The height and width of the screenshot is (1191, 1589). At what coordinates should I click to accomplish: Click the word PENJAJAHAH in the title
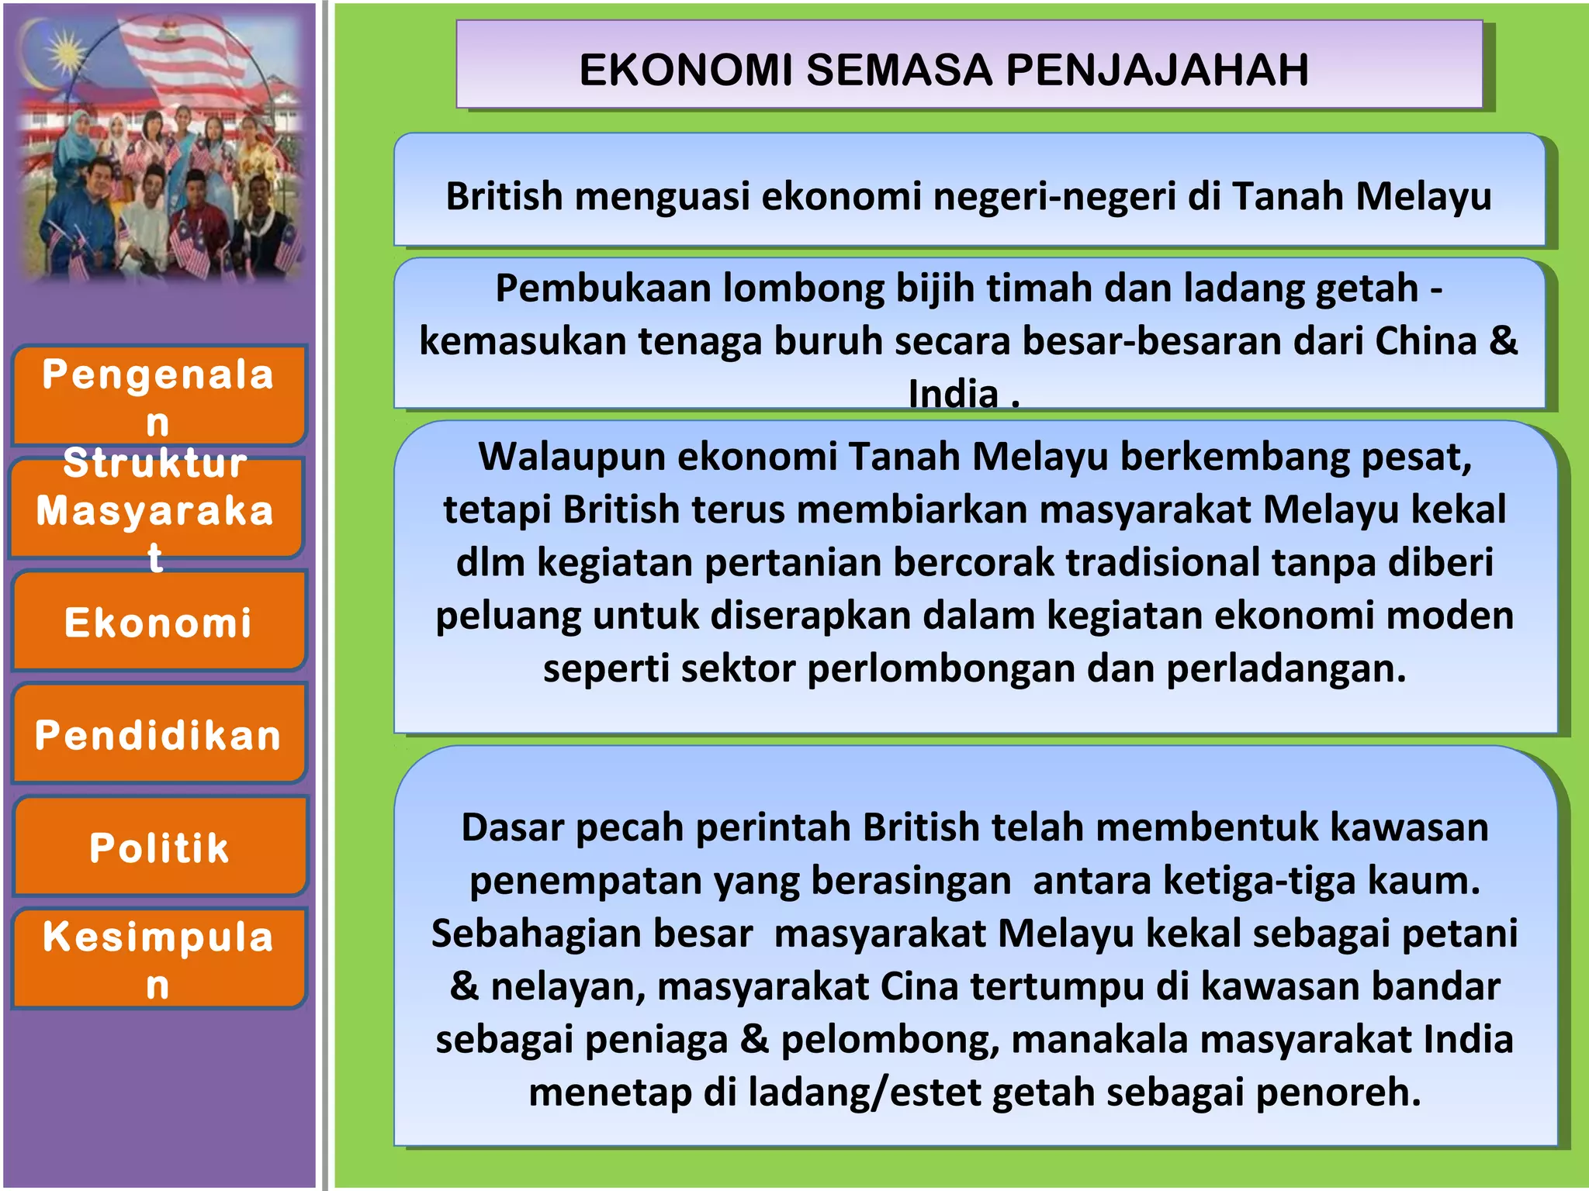[x=1158, y=70]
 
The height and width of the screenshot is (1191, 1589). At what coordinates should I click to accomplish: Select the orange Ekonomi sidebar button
[x=158, y=622]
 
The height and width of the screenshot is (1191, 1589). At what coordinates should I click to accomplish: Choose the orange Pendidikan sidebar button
[x=158, y=734]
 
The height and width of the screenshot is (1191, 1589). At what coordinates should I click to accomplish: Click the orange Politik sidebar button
[x=158, y=847]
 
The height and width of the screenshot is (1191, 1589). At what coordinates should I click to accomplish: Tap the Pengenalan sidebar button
[x=158, y=395]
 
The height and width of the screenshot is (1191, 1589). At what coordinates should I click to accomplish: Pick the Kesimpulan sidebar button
[x=158, y=958]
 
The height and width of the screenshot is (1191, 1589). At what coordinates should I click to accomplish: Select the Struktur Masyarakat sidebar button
[x=155, y=509]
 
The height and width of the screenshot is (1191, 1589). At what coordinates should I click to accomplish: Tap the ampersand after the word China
[x=1504, y=340]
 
